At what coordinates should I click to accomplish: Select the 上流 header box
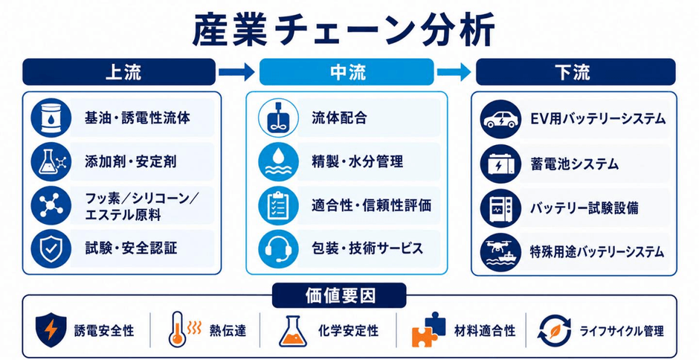119,71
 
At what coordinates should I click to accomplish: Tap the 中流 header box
347,71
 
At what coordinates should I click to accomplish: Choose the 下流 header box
576,71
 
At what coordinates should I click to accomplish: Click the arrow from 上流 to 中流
236,72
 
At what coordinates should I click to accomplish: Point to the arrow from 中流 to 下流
454,72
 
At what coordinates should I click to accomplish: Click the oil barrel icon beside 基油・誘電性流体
51,118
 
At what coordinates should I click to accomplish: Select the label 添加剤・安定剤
131,161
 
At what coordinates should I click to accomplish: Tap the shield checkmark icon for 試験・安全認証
51,248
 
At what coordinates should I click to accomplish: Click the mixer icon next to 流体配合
278,118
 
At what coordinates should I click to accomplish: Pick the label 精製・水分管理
357,161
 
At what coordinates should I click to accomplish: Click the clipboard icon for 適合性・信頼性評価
278,205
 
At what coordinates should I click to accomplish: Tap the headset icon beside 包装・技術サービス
278,248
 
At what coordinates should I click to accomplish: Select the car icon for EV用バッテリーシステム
500,118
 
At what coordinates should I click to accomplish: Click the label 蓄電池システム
574,164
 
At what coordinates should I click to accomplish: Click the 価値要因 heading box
339,295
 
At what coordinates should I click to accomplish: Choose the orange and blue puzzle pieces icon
429,330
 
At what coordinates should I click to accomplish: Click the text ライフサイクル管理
622,332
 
